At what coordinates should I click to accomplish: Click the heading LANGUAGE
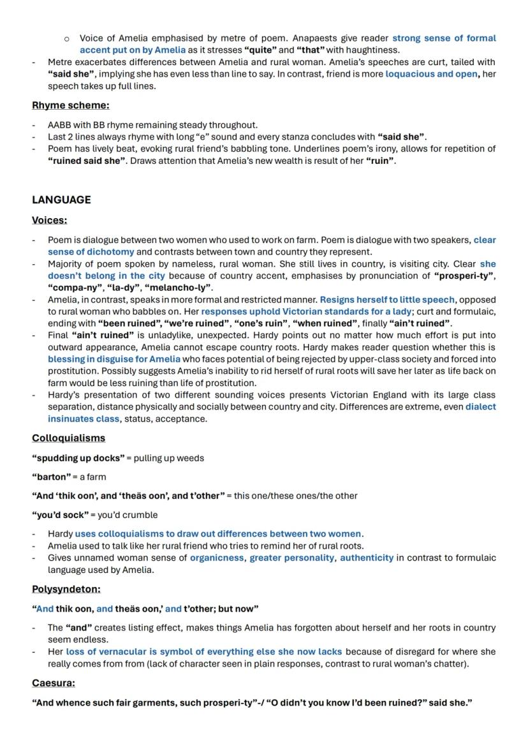(x=61, y=200)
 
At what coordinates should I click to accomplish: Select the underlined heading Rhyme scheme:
(x=70, y=105)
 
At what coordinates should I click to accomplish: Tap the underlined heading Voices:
(x=49, y=220)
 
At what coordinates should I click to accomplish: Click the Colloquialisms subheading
(x=68, y=438)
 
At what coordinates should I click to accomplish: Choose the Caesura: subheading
(x=53, y=683)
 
